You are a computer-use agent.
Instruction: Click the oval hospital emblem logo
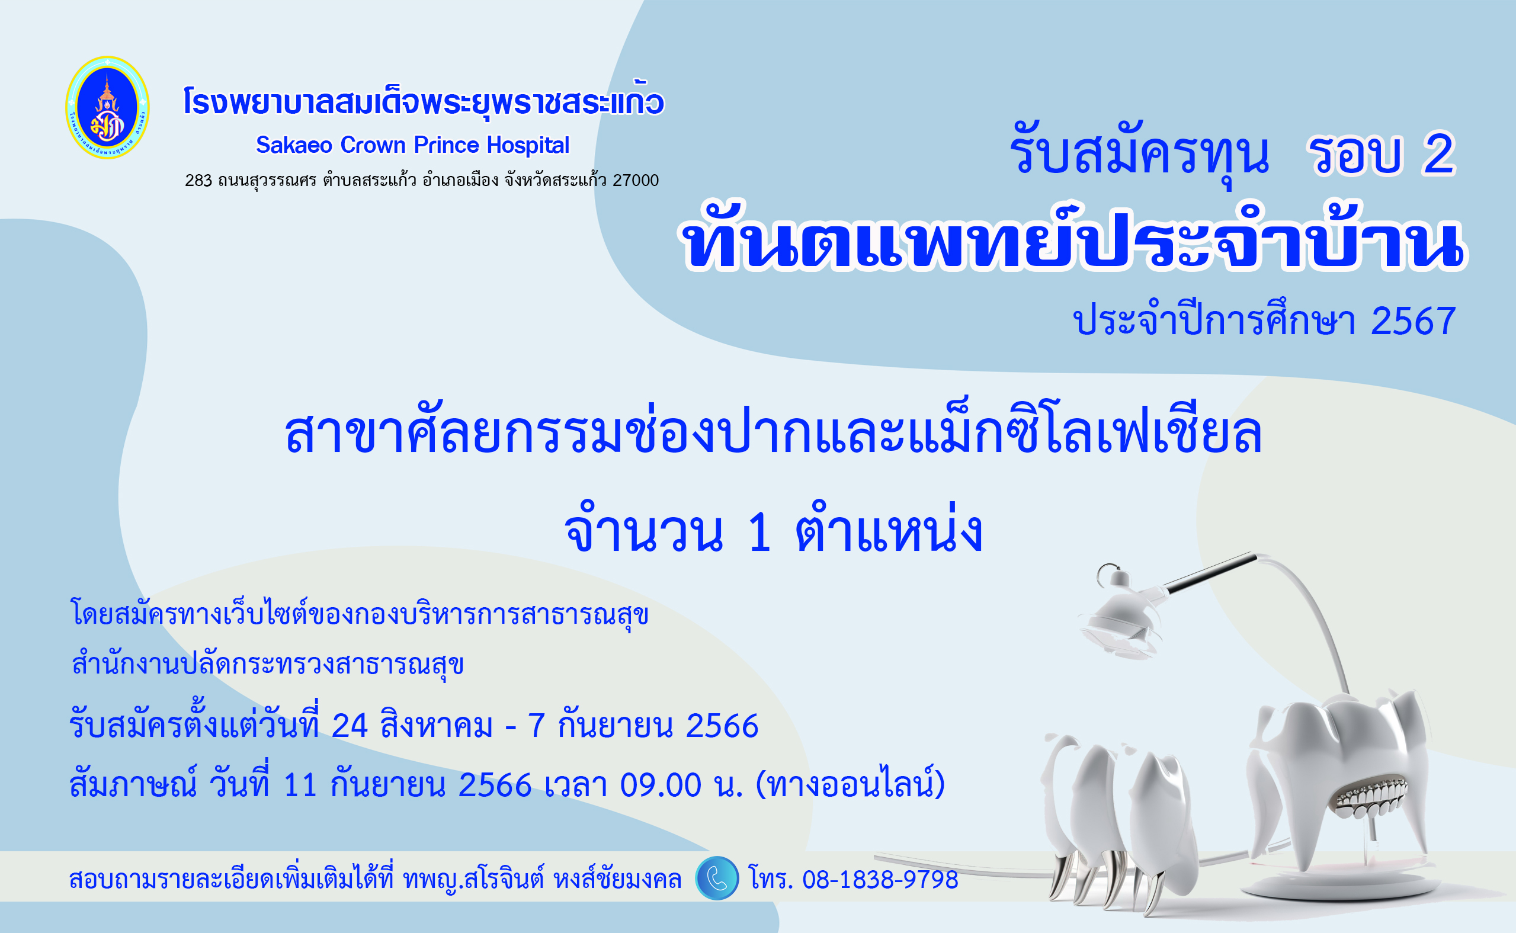click(107, 107)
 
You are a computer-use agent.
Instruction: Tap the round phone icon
click(716, 878)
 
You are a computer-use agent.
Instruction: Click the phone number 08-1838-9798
click(880, 879)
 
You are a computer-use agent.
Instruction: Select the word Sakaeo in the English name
click(294, 145)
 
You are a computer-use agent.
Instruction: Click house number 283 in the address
click(198, 180)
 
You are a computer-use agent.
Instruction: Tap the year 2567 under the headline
click(1413, 322)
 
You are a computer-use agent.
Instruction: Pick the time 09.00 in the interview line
click(660, 785)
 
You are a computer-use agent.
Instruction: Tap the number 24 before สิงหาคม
click(350, 726)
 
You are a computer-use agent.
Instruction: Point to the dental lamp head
click(1120, 617)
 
